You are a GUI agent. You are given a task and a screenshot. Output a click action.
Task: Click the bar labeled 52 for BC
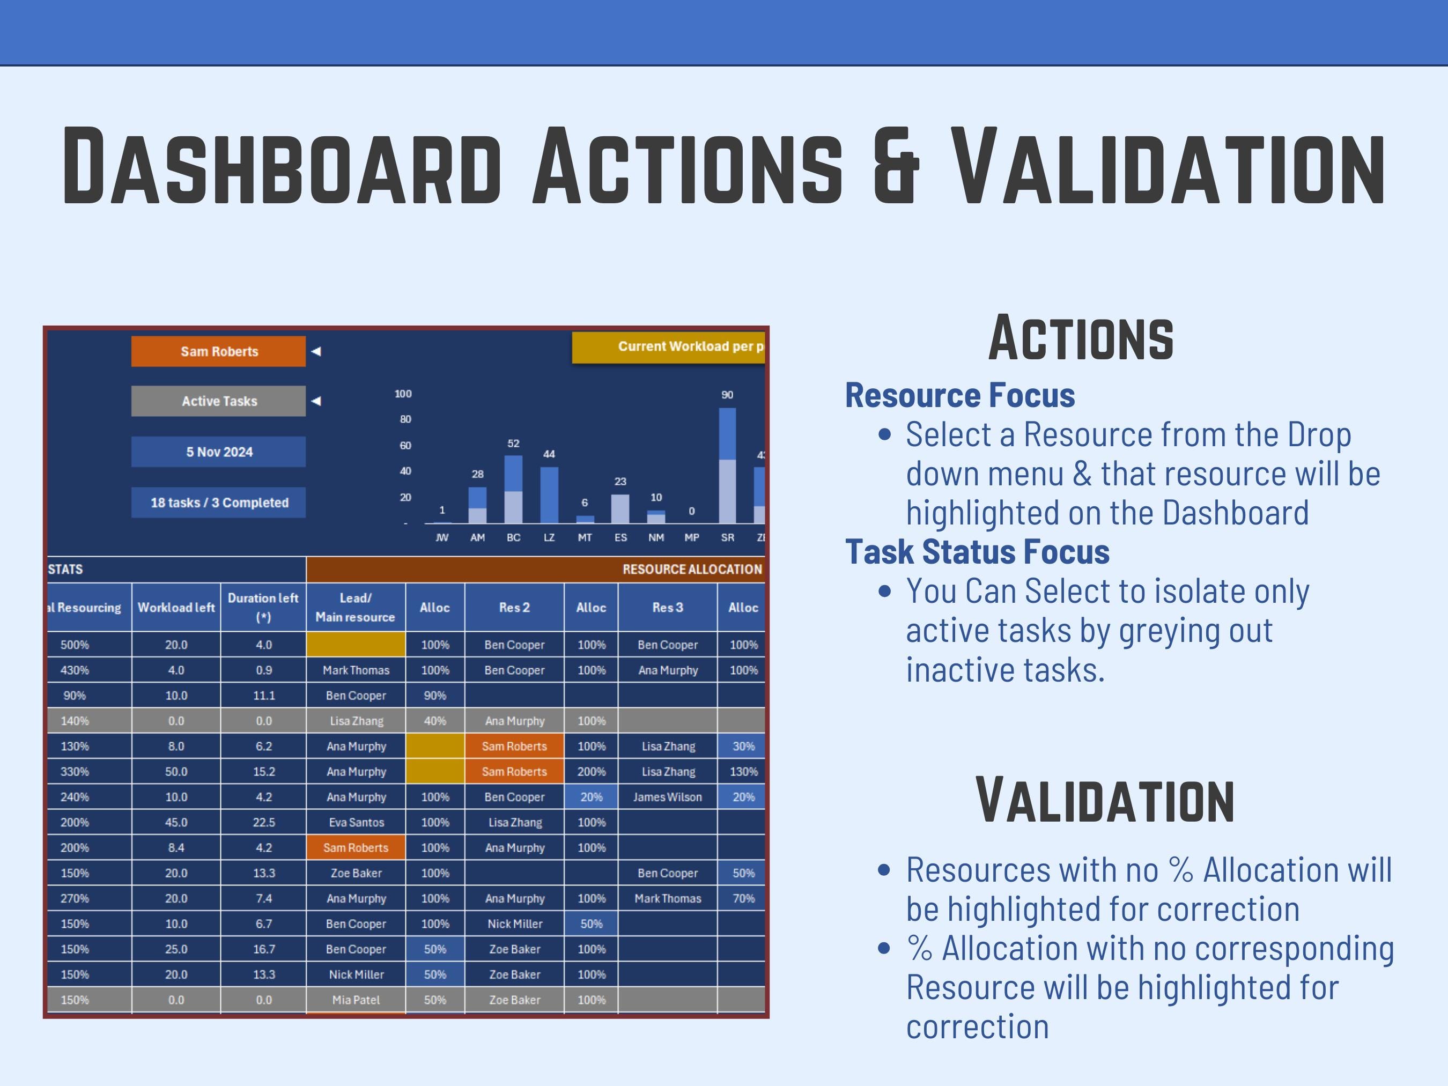pyautogui.click(x=513, y=489)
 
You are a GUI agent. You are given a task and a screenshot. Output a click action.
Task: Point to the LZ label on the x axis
pyautogui.click(x=549, y=537)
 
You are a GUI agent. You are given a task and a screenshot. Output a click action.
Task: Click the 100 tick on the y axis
pyautogui.click(x=403, y=394)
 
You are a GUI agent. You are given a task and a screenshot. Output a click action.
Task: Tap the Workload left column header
pyautogui.click(x=175, y=608)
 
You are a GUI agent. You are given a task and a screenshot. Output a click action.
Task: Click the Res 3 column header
pyautogui.click(x=667, y=608)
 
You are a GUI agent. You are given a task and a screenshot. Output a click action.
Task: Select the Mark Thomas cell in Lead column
pyautogui.click(x=356, y=670)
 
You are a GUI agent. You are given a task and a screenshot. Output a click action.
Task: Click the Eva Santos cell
pyautogui.click(x=356, y=822)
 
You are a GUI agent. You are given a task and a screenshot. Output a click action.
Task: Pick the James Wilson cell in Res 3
pyautogui.click(x=667, y=796)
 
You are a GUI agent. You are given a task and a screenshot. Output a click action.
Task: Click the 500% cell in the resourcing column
pyautogui.click(x=75, y=645)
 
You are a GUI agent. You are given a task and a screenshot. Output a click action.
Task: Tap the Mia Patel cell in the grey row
pyautogui.click(x=356, y=1000)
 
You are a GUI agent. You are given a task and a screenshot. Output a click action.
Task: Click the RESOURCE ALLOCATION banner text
pyautogui.click(x=691, y=570)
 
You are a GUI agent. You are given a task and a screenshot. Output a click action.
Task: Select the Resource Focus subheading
pyautogui.click(x=959, y=395)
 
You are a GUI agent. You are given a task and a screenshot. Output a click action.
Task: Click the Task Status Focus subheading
pyautogui.click(x=977, y=552)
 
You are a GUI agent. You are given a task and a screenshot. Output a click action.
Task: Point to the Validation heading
pyautogui.click(x=1104, y=801)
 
